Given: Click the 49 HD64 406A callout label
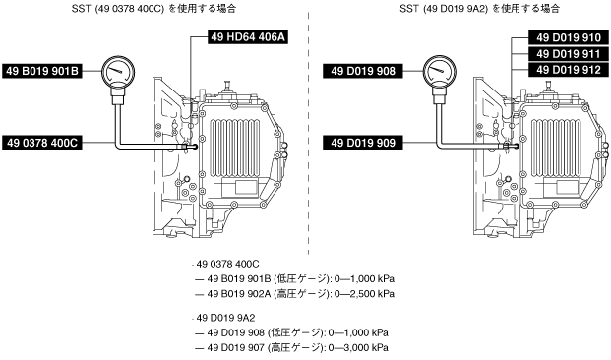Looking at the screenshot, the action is point(248,37).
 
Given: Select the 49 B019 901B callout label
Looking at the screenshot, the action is point(42,71).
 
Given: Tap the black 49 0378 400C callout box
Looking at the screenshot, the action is point(42,143).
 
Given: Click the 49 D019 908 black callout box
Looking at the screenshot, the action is point(363,71).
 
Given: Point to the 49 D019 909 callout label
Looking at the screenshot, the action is point(363,143).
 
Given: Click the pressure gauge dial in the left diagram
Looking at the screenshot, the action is point(118,71).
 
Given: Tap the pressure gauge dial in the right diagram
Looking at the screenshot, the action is point(440,71).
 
